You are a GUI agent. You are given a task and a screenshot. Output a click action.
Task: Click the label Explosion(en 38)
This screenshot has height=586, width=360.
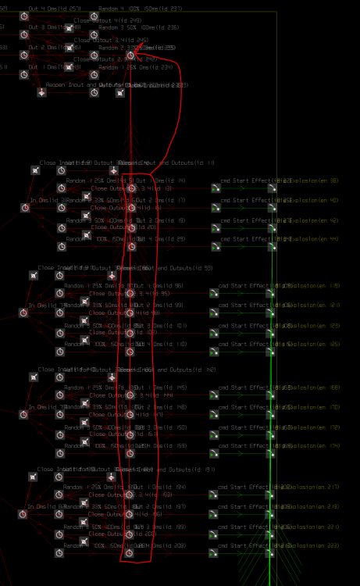coord(315,181)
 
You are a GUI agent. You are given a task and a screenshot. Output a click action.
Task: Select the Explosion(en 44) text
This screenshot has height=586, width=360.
coord(315,239)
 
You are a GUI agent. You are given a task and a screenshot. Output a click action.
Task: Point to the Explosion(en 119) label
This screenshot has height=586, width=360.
coord(315,286)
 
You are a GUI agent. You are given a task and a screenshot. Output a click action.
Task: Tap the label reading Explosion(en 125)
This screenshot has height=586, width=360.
coord(315,345)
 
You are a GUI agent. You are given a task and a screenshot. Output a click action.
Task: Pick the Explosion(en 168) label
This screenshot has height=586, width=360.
coord(315,388)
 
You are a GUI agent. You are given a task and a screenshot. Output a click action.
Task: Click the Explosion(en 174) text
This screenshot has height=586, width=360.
coord(315,446)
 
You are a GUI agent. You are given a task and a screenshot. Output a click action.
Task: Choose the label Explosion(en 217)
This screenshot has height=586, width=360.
coord(315,488)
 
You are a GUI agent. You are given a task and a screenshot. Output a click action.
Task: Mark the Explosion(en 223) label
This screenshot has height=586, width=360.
coord(315,546)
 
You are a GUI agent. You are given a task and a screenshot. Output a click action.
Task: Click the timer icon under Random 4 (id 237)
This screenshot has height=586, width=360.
coord(94,16)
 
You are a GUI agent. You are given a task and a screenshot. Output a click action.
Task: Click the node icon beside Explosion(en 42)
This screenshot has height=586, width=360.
coord(272,227)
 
